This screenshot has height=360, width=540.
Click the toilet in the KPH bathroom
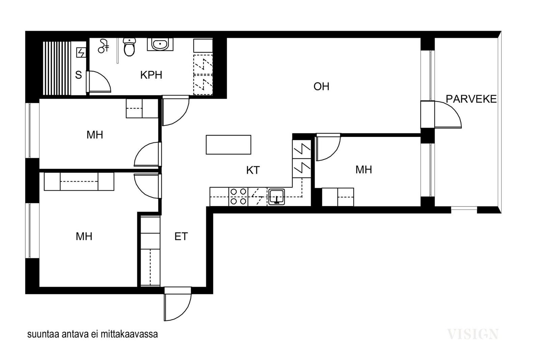pyautogui.click(x=129, y=47)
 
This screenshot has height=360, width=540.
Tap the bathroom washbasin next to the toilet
pyautogui.click(x=160, y=44)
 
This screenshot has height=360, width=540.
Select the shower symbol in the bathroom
pyautogui.click(x=104, y=46)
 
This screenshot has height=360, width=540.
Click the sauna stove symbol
pyautogui.click(x=81, y=52)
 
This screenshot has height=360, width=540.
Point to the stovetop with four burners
pyautogui.click(x=238, y=197)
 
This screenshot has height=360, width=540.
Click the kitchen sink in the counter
pyautogui.click(x=277, y=197)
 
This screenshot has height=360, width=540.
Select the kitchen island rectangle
pyautogui.click(x=228, y=145)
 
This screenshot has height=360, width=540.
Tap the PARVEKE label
pyautogui.click(x=471, y=99)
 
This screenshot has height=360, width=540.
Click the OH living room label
pyautogui.click(x=321, y=86)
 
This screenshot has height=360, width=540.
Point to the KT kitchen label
pyautogui.click(x=253, y=170)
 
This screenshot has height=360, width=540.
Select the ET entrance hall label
pyautogui.click(x=181, y=237)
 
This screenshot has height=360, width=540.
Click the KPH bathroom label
pyautogui.click(x=151, y=75)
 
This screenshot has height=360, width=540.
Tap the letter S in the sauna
pyautogui.click(x=78, y=75)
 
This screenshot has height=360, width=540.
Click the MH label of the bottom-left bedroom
pyautogui.click(x=84, y=237)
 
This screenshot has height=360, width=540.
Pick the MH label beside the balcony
pyautogui.click(x=363, y=170)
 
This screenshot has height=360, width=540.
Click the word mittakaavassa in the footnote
pyautogui.click(x=129, y=334)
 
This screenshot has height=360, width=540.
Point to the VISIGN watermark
pyautogui.click(x=473, y=334)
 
